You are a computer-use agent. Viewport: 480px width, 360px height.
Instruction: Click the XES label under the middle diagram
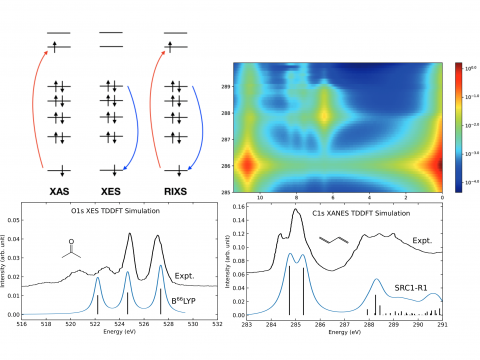(113, 189)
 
